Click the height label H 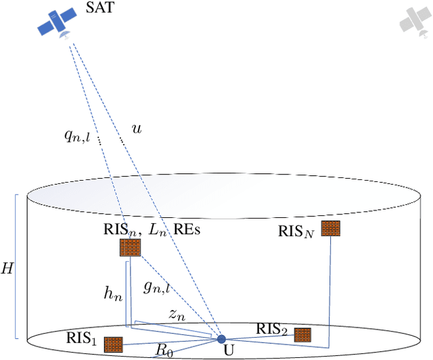[7, 268]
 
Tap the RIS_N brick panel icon [330, 229]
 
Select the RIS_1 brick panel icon [113, 344]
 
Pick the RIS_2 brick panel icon [302, 334]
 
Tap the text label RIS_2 [273, 330]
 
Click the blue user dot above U [221, 338]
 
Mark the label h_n [112, 292]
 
